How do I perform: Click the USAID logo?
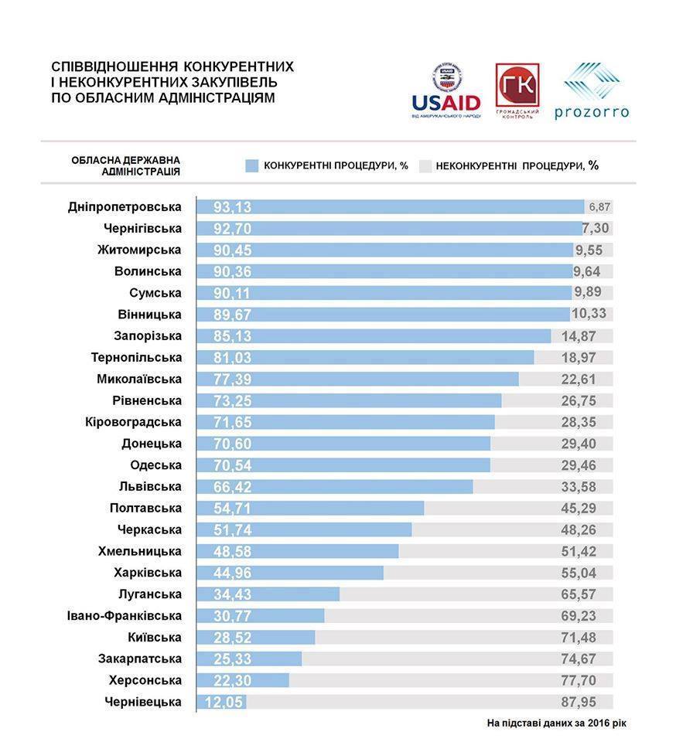(x=446, y=90)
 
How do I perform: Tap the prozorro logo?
(x=591, y=91)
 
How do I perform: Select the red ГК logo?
(x=517, y=90)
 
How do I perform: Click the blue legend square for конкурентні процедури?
(x=251, y=165)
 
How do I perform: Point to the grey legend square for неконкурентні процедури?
(x=425, y=165)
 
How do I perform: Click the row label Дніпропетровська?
(x=125, y=207)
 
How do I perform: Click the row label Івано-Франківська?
(x=125, y=616)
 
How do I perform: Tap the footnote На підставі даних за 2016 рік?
(x=556, y=723)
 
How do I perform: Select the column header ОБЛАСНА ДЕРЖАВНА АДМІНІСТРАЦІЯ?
(x=126, y=165)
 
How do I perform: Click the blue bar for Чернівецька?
(x=222, y=702)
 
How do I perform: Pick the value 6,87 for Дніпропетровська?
(x=599, y=207)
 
